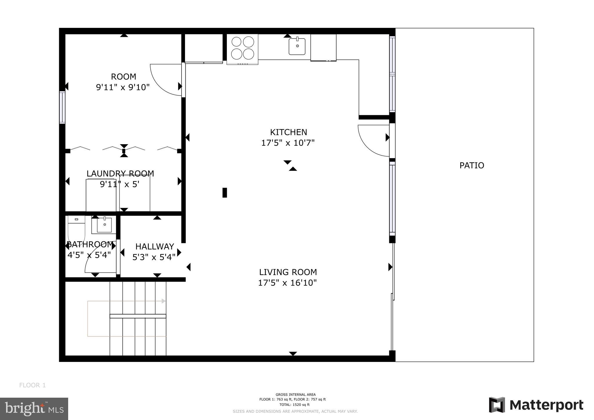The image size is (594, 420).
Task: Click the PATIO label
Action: click(472, 165)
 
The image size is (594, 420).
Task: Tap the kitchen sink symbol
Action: click(297, 46)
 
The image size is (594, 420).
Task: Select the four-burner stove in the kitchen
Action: click(242, 48)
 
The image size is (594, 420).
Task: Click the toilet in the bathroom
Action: click(76, 229)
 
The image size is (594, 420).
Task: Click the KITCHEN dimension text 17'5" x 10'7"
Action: click(288, 143)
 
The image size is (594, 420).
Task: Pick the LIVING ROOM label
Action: click(288, 272)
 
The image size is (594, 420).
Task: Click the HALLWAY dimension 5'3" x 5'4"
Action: click(154, 257)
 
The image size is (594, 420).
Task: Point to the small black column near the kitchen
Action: click(224, 193)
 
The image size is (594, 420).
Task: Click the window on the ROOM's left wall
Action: click(62, 107)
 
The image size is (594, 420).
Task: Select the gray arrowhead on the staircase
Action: click(164, 301)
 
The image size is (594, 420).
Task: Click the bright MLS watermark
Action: click(34, 409)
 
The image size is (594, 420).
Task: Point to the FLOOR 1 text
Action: click(32, 385)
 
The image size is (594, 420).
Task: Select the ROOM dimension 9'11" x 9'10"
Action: click(123, 87)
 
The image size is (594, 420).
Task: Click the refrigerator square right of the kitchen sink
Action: click(323, 47)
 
